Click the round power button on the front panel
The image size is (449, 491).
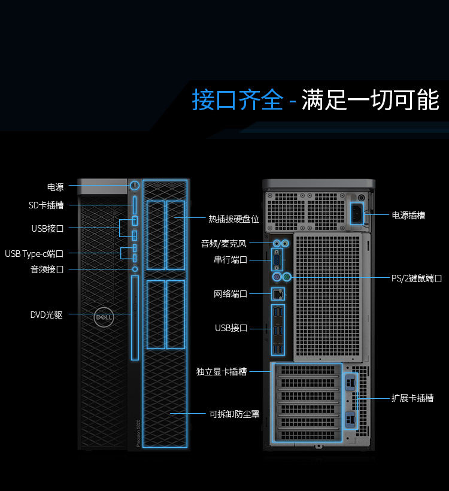coord(135,186)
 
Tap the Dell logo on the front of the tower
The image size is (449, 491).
coord(104,317)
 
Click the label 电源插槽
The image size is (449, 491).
coord(408,216)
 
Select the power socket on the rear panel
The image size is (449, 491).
coord(357,213)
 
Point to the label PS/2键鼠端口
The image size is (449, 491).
coord(417,278)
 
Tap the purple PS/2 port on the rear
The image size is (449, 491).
coord(276,277)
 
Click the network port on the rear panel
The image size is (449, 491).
coord(278,294)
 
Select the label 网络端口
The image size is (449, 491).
coord(230,294)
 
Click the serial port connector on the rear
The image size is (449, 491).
coord(277,260)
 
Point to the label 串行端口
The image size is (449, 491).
coord(230,260)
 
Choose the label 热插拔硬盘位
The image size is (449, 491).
coord(234,219)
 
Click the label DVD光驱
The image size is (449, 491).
coord(46,315)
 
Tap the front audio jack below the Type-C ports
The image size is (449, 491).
coord(135,269)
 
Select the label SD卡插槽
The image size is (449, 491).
coord(46,205)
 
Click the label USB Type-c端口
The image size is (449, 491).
coord(34,254)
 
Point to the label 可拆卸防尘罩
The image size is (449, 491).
coord(234,414)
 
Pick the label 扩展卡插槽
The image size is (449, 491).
coord(412,398)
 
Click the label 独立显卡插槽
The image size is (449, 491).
coord(222,372)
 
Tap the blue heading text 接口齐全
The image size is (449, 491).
coord(237,99)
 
